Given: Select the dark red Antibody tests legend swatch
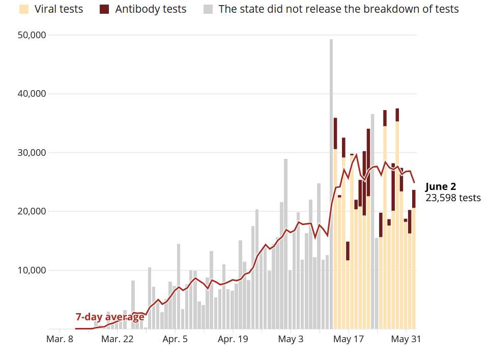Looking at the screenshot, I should click(x=105, y=9).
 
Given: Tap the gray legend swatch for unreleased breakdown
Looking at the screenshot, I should click(x=208, y=9).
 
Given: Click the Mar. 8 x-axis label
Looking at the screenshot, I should click(x=60, y=340).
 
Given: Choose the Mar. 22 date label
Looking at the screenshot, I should click(x=118, y=340).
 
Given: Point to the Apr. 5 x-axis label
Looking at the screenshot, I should click(x=175, y=340).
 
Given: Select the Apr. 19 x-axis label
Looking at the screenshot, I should click(x=233, y=340).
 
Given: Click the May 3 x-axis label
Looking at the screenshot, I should click(x=291, y=340).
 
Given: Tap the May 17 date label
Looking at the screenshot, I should click(x=349, y=340).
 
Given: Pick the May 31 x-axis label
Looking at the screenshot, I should click(x=407, y=340).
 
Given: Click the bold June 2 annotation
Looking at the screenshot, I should click(x=441, y=186).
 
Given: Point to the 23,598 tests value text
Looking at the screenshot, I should click(x=453, y=198).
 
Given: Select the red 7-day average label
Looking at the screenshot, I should click(x=110, y=317).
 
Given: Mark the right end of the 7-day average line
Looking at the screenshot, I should click(x=414, y=182).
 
